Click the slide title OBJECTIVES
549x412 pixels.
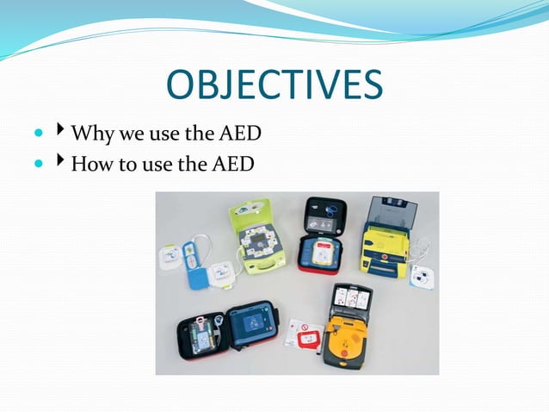274,87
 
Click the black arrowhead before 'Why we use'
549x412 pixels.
61,133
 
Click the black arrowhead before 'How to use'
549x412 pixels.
61,159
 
